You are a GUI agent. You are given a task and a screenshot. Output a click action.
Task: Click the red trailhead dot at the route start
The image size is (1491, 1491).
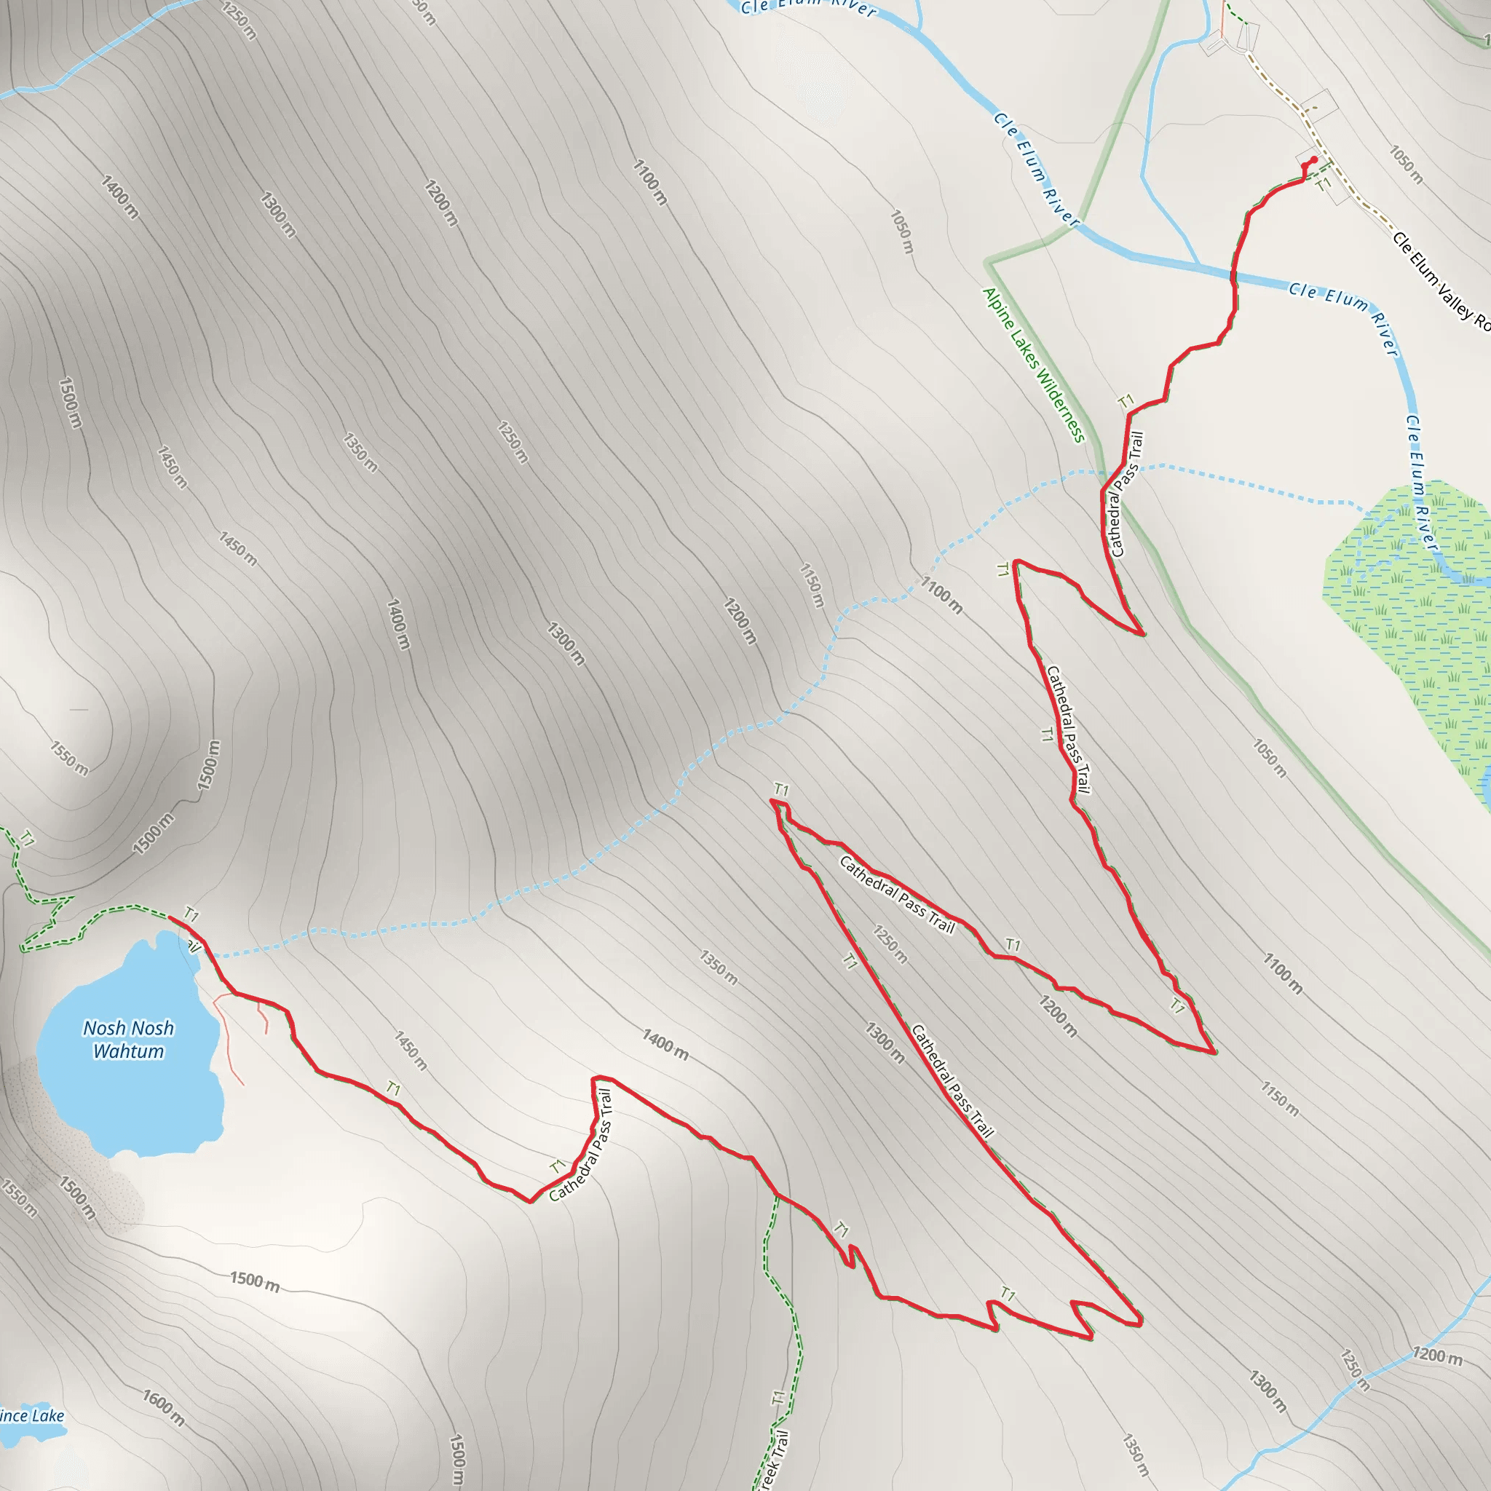1314,159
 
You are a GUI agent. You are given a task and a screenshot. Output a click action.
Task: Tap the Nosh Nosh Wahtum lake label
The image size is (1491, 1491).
128,1039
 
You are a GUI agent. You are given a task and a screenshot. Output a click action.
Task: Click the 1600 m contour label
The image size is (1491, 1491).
163,1407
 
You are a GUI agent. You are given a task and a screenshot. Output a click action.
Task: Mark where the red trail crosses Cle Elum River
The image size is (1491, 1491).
1233,274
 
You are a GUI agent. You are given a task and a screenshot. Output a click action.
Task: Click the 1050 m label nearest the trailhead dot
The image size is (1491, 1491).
1405,165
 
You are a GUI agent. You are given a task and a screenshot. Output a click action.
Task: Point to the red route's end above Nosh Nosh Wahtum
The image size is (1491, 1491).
170,917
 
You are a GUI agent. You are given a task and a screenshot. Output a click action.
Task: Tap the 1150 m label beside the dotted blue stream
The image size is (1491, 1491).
812,585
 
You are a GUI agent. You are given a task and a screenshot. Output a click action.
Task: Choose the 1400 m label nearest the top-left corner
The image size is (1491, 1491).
119,197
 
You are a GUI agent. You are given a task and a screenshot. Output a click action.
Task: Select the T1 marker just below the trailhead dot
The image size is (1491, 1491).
1323,185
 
